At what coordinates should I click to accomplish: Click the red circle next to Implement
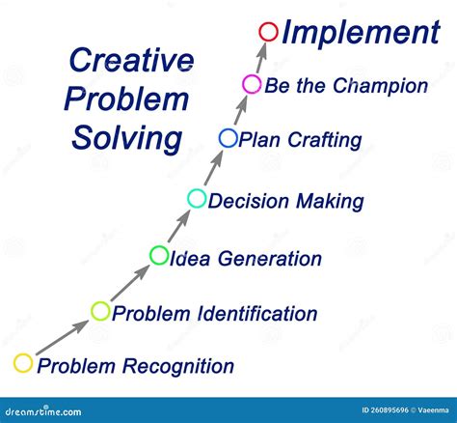point(269,33)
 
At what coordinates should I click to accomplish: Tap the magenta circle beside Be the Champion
point(251,85)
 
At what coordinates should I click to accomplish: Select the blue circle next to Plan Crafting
point(228,138)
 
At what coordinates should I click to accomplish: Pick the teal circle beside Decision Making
point(197,199)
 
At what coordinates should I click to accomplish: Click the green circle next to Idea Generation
point(159,256)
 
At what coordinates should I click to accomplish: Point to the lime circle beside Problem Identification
point(101,311)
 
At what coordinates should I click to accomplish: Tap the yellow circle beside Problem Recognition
point(24,364)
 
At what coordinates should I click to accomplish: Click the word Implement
point(360,33)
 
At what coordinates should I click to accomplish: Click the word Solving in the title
point(127,137)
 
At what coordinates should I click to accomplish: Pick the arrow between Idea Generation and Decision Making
point(178,228)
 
